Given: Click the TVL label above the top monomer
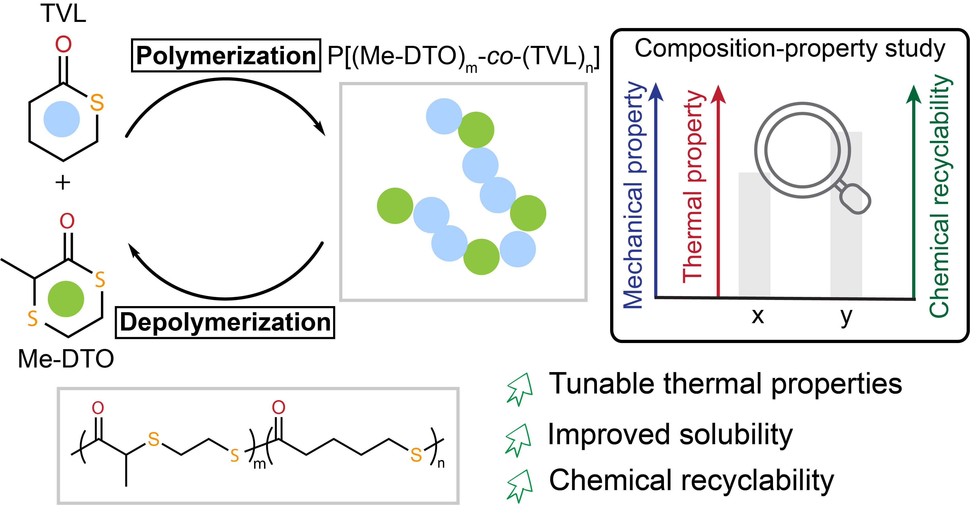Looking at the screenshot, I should coord(63,14).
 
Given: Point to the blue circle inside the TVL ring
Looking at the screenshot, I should coord(62,119).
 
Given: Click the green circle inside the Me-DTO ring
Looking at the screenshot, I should coord(66,299).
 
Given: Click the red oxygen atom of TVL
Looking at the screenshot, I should coord(63,44).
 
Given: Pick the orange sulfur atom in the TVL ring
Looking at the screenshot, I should coord(97,102).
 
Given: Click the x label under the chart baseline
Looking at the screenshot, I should coord(758,316).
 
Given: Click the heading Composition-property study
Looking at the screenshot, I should coord(790,49).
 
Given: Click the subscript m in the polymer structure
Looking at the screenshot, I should coord(260,464).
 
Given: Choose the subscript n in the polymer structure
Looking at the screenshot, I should coord(441,463).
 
